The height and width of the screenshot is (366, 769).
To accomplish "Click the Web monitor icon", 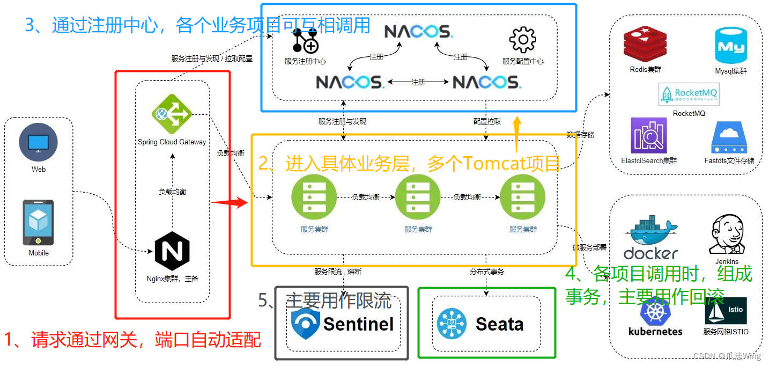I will (x=38, y=143).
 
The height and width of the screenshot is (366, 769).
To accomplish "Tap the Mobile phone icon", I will (x=38, y=223).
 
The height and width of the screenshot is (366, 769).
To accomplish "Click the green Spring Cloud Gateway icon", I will (x=172, y=114).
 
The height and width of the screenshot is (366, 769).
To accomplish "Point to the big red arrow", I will (x=229, y=203).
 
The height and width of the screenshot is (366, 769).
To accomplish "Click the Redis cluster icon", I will (x=645, y=46).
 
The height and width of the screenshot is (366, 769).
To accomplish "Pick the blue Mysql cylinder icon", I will (x=731, y=46).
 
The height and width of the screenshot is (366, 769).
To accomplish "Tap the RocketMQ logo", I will (x=689, y=96).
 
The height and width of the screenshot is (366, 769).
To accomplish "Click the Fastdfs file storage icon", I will (x=729, y=138).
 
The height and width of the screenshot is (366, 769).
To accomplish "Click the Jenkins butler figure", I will (x=727, y=236).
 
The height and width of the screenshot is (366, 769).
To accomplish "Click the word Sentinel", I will (x=358, y=324).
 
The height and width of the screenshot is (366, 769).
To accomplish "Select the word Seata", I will (x=499, y=324).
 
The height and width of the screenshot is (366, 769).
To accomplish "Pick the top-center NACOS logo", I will (x=418, y=32).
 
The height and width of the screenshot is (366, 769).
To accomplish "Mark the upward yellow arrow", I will (x=517, y=134).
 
